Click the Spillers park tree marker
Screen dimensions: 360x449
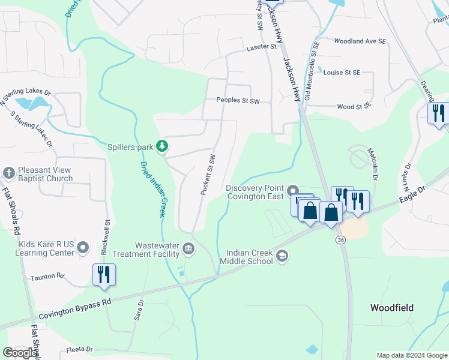click(x=161, y=146)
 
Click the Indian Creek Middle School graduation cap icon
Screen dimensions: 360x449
click(x=282, y=256)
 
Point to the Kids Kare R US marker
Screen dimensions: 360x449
click(x=83, y=247)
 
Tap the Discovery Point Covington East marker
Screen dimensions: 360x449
click(x=294, y=191)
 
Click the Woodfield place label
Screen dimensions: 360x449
click(x=392, y=308)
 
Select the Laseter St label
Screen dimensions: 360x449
click(x=261, y=46)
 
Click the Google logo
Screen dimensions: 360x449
click(x=20, y=353)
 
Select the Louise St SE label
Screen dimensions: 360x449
click(x=342, y=73)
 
